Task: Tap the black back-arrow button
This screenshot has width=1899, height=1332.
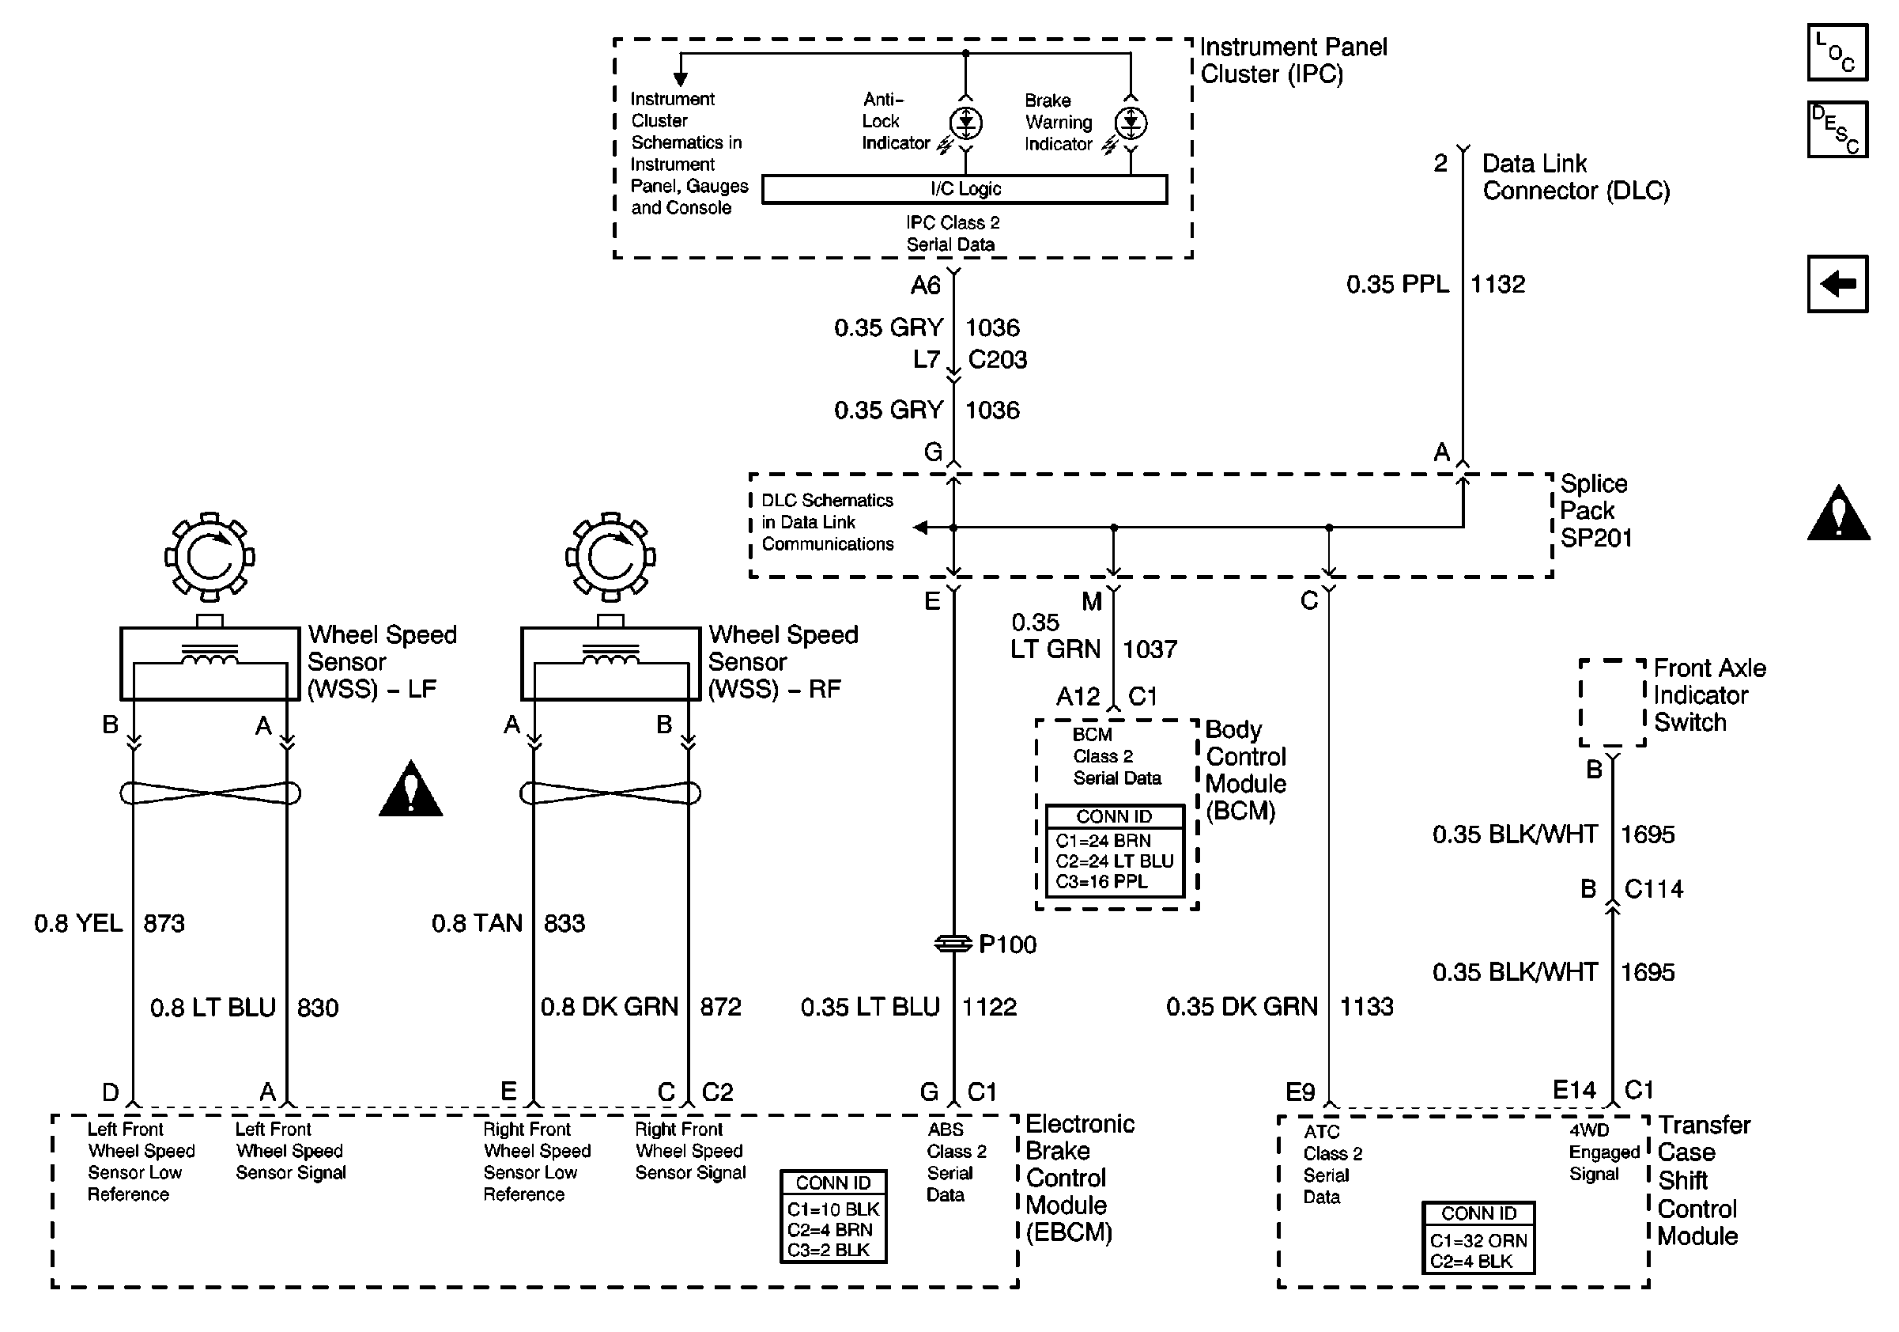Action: point(1837,284)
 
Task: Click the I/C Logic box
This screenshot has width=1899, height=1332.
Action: point(965,188)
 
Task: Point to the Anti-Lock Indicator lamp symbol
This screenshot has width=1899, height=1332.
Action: point(965,123)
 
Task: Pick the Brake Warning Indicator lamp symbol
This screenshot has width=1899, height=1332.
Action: point(1131,123)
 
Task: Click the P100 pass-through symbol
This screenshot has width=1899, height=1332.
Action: point(953,943)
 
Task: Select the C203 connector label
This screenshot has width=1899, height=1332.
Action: point(998,360)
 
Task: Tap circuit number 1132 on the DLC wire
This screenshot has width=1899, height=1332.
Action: point(1498,285)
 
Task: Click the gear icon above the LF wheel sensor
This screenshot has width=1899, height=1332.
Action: point(210,557)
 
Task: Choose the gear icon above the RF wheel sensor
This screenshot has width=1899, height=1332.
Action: point(610,557)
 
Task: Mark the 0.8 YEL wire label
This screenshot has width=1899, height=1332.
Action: point(78,922)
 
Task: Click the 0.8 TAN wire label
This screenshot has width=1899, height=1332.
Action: point(478,922)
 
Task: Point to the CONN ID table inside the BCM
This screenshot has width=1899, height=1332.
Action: point(1114,850)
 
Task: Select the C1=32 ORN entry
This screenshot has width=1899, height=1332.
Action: point(1478,1241)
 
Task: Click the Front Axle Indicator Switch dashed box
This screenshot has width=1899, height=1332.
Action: point(1612,702)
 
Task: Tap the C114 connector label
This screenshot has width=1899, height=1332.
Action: point(1653,889)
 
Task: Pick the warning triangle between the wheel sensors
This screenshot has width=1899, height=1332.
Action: point(410,789)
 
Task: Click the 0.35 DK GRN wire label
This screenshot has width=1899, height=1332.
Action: point(1241,1007)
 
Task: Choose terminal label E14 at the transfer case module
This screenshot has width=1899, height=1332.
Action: point(1574,1091)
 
